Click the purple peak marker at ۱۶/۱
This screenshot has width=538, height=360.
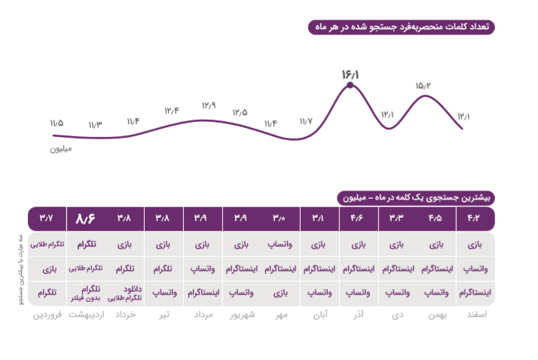350,87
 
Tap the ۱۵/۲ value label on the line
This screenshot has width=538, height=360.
422,85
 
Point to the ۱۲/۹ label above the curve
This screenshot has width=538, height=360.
209,105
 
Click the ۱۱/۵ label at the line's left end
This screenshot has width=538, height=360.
57,122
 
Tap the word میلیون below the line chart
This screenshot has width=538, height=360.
61,148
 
